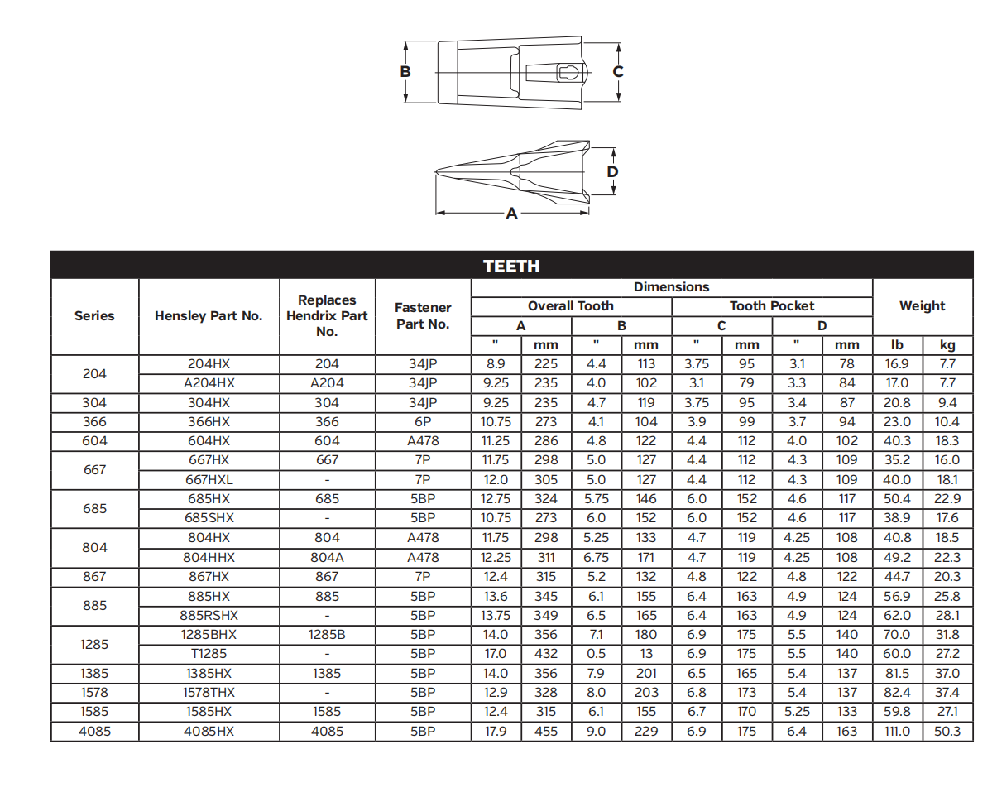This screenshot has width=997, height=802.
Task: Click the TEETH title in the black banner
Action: tap(511, 267)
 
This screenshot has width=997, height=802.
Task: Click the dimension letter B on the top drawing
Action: tap(405, 72)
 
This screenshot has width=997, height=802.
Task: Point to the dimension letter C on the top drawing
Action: tap(617, 72)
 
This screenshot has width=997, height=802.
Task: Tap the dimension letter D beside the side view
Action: tap(612, 172)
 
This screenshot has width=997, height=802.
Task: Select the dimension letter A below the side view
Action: tap(511, 214)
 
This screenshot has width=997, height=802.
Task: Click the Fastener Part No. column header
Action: tap(423, 315)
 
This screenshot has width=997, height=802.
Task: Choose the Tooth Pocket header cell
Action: tap(772, 306)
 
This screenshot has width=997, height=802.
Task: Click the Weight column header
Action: tap(922, 306)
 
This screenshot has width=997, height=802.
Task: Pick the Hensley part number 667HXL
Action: tap(209, 480)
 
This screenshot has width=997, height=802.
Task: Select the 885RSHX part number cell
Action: tap(209, 616)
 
